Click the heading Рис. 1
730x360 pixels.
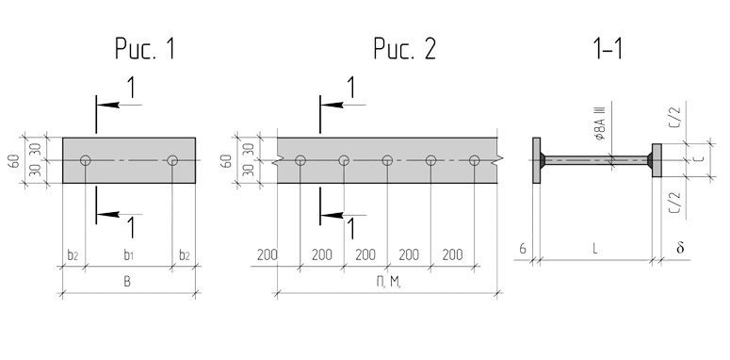pyautogui.click(x=145, y=48)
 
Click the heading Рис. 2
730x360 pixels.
pyautogui.click(x=405, y=48)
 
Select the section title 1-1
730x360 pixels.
pyautogui.click(x=608, y=48)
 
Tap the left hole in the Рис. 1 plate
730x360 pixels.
pyautogui.click(x=85, y=160)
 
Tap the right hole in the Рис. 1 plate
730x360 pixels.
pyautogui.click(x=172, y=160)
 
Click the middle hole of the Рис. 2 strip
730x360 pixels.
pyautogui.click(x=387, y=160)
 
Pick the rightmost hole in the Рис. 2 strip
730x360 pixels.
pyautogui.click(x=475, y=160)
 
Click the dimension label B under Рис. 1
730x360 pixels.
pyautogui.click(x=127, y=282)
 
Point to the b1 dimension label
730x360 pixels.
pyautogui.click(x=128, y=255)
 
